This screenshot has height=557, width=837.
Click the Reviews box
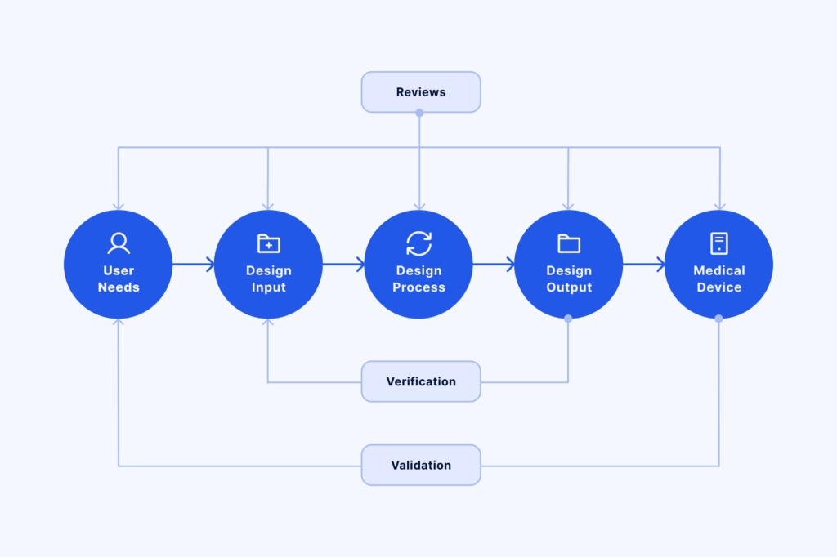[x=421, y=92]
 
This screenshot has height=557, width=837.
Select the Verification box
[x=421, y=381]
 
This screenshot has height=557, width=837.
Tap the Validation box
[x=421, y=465]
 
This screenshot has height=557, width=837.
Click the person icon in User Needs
[x=119, y=243]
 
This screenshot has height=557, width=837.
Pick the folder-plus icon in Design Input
[x=269, y=243]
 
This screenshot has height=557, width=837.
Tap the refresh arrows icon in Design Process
[x=418, y=243]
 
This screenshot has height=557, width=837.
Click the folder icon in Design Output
[x=569, y=243]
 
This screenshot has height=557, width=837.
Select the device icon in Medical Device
[x=719, y=243]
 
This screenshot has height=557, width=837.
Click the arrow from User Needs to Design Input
[x=194, y=264]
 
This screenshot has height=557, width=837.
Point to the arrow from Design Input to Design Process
[x=344, y=264]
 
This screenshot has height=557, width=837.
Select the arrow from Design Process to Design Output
[x=494, y=264]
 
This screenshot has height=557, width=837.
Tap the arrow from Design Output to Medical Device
[x=644, y=264]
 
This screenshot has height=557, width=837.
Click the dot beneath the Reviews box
[x=419, y=113]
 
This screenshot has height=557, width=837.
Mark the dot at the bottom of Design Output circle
[x=568, y=319]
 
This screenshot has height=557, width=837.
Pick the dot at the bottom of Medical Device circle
[x=718, y=319]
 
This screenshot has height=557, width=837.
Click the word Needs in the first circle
[x=119, y=287]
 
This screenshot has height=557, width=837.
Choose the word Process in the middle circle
[x=418, y=287]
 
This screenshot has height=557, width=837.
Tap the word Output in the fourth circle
[x=569, y=287]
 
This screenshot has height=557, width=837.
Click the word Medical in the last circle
[x=719, y=270]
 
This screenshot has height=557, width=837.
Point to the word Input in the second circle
[x=269, y=287]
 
